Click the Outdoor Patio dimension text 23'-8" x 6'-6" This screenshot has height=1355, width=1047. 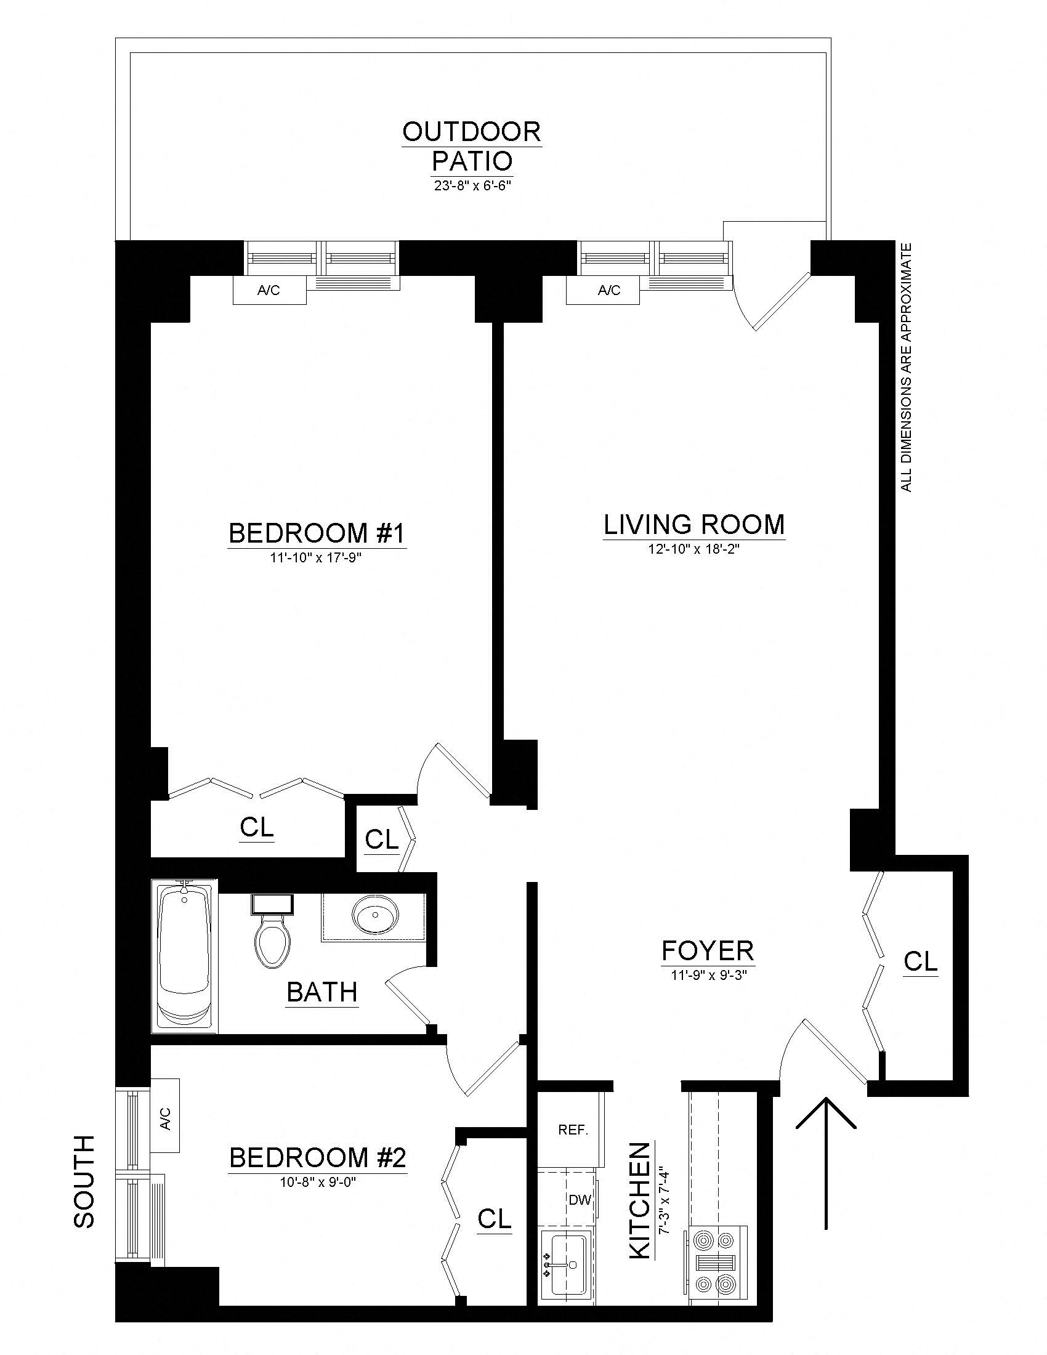pos(472,185)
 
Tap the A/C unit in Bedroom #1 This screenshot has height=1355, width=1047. pos(269,290)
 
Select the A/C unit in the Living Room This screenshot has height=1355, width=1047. pos(602,290)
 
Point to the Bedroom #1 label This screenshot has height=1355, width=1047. pos(317,533)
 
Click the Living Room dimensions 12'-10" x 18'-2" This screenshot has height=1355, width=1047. pos(694,549)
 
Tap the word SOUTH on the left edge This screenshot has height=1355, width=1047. pos(84,1182)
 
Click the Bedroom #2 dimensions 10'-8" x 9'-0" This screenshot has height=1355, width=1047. pos(317,1182)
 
